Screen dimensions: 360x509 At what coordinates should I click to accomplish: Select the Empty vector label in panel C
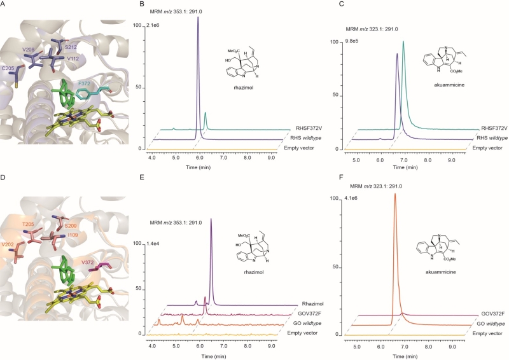click(487, 148)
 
